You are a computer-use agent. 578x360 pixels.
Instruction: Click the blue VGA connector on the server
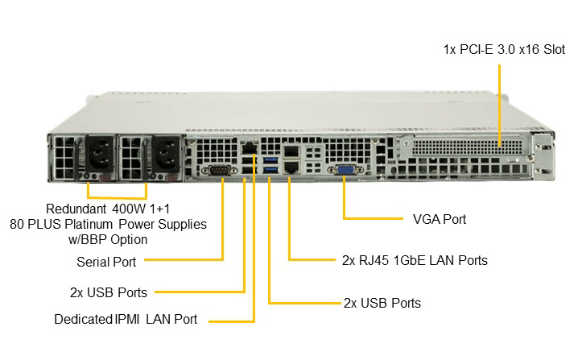pyautogui.click(x=345, y=170)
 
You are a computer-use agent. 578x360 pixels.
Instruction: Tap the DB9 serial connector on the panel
pyautogui.click(x=219, y=171)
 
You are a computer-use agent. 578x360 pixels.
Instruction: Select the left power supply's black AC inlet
pyautogui.click(x=99, y=155)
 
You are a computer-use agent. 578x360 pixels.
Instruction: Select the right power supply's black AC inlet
pyautogui.click(x=166, y=155)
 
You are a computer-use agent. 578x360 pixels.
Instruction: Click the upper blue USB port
pyautogui.click(x=271, y=160)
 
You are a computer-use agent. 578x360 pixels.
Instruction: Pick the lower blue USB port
pyautogui.click(x=271, y=169)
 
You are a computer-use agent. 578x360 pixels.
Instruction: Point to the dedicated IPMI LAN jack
pyautogui.click(x=250, y=148)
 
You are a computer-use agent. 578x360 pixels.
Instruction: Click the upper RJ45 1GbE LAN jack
pyautogui.click(x=291, y=151)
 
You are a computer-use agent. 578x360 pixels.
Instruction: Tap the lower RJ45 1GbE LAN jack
pyautogui.click(x=291, y=167)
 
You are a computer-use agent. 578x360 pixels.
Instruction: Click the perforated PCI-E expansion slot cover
pyautogui.click(x=468, y=146)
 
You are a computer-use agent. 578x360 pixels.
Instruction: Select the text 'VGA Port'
pyautogui.click(x=440, y=220)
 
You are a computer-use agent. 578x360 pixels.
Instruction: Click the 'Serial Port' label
pyautogui.click(x=106, y=262)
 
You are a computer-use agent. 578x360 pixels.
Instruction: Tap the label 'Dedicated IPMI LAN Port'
pyautogui.click(x=126, y=319)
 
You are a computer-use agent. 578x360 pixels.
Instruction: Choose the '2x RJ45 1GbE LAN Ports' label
pyautogui.click(x=415, y=260)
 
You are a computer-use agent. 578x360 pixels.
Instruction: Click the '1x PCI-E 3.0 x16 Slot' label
pyautogui.click(x=504, y=49)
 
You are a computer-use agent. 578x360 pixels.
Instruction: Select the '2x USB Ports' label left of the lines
pyautogui.click(x=109, y=292)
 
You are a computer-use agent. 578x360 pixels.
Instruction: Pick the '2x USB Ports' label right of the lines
pyautogui.click(x=382, y=303)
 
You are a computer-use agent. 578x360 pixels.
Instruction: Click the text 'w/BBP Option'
pyautogui.click(x=108, y=240)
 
